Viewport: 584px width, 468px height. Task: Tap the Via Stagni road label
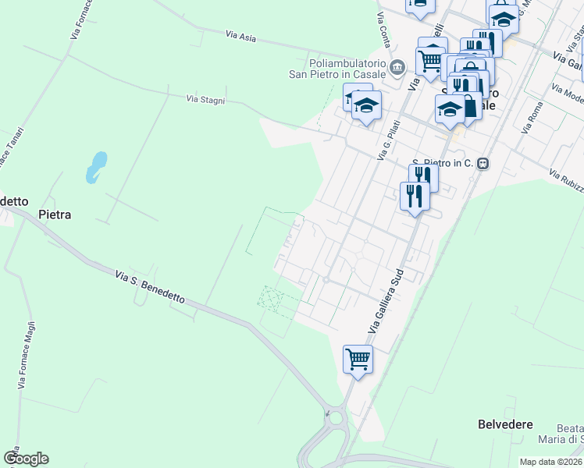click(206, 100)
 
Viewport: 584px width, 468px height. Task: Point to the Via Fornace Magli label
click(26, 355)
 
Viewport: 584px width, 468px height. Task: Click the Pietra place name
click(55, 214)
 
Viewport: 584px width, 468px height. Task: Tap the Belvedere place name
click(505, 424)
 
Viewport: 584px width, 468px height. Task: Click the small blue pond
click(96, 166)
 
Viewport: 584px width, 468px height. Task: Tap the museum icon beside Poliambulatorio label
click(398, 67)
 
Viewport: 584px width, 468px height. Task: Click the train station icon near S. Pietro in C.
click(483, 164)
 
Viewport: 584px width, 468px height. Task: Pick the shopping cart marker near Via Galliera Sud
click(358, 360)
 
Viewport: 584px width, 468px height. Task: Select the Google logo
click(26, 459)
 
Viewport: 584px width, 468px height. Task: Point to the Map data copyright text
click(551, 462)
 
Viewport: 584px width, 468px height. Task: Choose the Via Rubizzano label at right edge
click(565, 178)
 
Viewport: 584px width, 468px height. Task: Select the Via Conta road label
click(383, 27)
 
